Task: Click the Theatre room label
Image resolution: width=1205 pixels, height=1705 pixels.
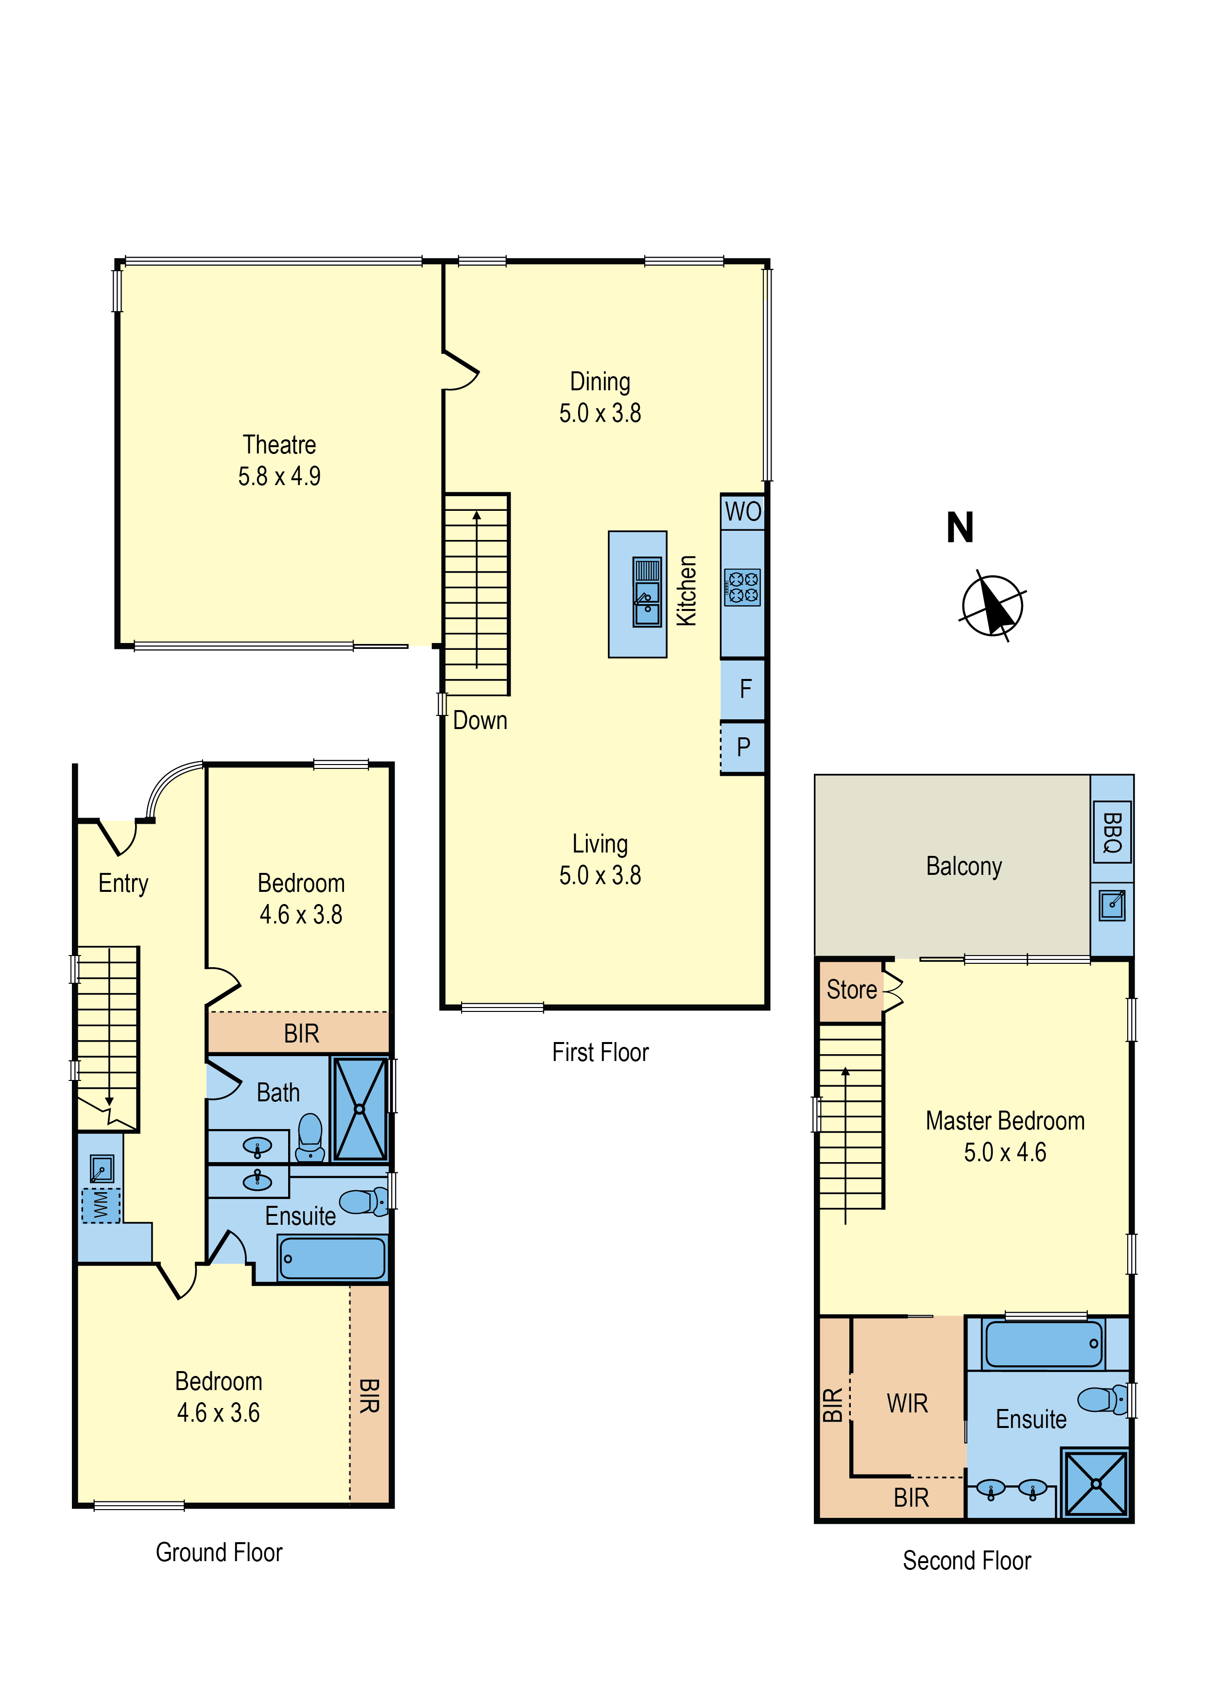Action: [279, 444]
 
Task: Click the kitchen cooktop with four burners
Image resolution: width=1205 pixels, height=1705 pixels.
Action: [742, 588]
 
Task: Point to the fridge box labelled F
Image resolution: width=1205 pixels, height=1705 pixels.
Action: [743, 689]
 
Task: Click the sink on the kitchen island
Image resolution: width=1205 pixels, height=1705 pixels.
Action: [647, 592]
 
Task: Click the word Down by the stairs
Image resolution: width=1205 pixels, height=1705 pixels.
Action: [480, 720]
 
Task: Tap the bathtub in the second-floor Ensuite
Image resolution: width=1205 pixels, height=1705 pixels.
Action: [1043, 1342]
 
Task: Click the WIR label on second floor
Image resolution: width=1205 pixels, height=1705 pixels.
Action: [907, 1403]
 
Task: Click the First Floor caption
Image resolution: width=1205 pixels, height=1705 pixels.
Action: [600, 1052]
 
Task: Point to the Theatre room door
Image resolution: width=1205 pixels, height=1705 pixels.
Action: [460, 370]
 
